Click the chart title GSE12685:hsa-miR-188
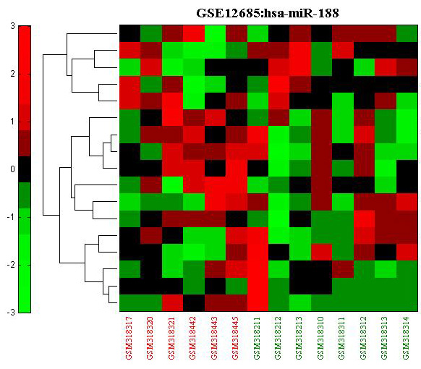pyautogui.click(x=268, y=13)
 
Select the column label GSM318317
pyautogui.click(x=129, y=338)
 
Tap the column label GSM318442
pyautogui.click(x=193, y=338)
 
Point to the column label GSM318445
pyautogui.click(x=236, y=338)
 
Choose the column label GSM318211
pyautogui.click(x=257, y=338)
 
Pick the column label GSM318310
pyautogui.click(x=321, y=338)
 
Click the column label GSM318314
pyautogui.click(x=406, y=338)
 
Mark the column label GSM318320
pyautogui.click(x=150, y=338)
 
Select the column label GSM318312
pyautogui.click(x=363, y=338)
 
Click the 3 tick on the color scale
pyautogui.click(x=12, y=26)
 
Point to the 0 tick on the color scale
pyautogui.click(x=12, y=169)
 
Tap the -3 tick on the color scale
pyautogui.click(x=11, y=313)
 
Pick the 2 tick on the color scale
pyautogui.click(x=12, y=74)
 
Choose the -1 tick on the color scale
pyautogui.click(x=11, y=217)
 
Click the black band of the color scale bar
pyautogui.click(x=25, y=169)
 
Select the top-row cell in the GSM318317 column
pyautogui.click(x=130, y=33)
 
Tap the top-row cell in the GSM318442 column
pyautogui.click(x=194, y=33)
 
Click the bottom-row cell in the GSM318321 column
pyautogui.click(x=173, y=303)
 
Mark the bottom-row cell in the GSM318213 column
pyautogui.click(x=300, y=303)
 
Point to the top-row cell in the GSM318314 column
pyautogui.click(x=407, y=33)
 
